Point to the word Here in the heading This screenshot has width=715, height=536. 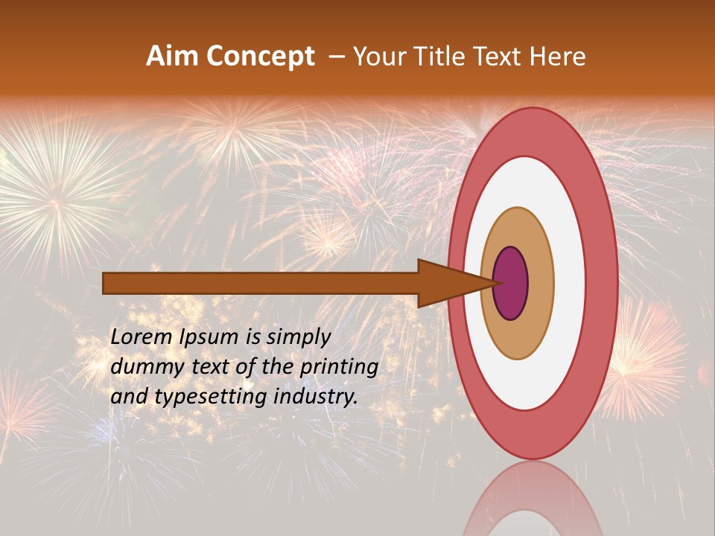(558, 57)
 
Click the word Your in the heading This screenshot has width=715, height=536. (379, 57)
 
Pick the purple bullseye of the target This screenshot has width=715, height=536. (510, 284)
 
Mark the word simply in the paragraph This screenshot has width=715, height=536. (298, 338)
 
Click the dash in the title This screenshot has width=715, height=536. (336, 57)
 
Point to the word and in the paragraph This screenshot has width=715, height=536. (128, 397)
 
